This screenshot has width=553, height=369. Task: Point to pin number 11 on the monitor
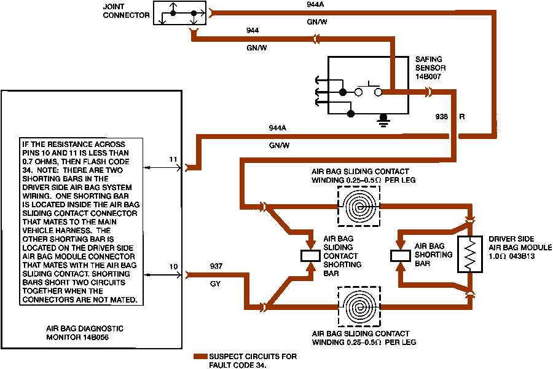click(173, 160)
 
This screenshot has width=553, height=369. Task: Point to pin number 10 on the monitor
click(174, 267)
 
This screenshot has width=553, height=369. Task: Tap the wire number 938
click(441, 116)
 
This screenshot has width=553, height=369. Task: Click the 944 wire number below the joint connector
click(252, 29)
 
